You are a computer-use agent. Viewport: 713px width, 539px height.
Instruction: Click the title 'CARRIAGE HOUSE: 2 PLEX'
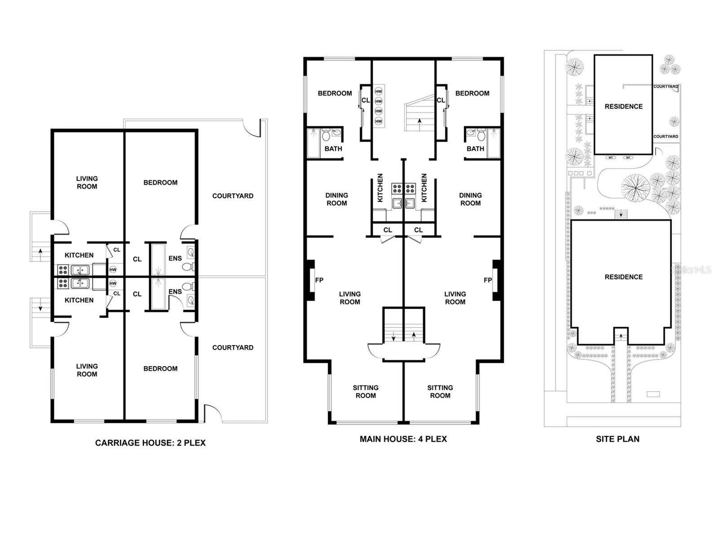(150, 443)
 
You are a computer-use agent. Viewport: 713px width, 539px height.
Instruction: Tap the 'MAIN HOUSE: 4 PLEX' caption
(403, 439)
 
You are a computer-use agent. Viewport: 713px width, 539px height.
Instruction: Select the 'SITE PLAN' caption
(617, 439)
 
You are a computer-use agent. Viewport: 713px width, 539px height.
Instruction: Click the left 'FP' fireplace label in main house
(319, 280)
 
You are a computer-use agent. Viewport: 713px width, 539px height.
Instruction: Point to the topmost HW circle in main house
(379, 92)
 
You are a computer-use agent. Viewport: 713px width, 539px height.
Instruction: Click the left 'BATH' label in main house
(333, 149)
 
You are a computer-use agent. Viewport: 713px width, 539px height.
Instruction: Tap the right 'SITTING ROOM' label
(440, 392)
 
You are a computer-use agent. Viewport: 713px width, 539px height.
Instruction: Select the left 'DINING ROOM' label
(337, 199)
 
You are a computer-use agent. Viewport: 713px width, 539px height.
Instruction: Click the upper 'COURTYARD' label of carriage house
(233, 196)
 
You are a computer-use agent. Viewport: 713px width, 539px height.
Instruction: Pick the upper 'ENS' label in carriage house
(175, 258)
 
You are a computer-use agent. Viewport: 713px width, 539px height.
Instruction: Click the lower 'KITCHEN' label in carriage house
(79, 300)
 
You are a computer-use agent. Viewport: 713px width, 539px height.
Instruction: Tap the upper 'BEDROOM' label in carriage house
(160, 183)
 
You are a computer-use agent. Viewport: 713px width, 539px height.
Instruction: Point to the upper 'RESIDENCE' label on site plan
(623, 106)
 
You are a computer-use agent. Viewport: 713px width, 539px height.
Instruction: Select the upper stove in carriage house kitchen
(63, 270)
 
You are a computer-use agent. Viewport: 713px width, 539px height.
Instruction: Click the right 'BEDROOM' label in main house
(472, 93)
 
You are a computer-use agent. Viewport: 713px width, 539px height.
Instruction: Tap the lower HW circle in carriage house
(113, 283)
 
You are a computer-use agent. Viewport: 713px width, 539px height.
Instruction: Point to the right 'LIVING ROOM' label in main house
(455, 298)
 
